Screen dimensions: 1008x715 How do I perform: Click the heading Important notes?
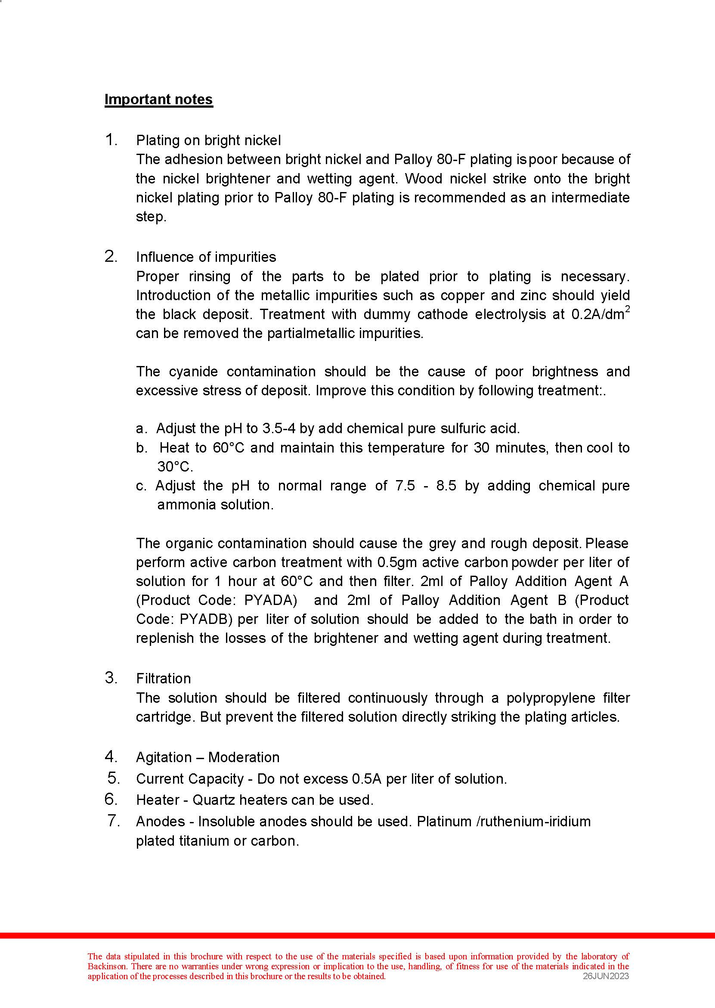(x=158, y=99)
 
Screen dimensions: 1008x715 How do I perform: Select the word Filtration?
(x=163, y=679)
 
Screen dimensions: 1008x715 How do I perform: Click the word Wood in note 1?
(x=424, y=179)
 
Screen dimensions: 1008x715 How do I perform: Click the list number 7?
(x=113, y=821)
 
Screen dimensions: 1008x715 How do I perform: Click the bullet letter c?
(x=141, y=486)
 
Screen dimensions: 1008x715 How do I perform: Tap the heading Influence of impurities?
(x=206, y=257)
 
